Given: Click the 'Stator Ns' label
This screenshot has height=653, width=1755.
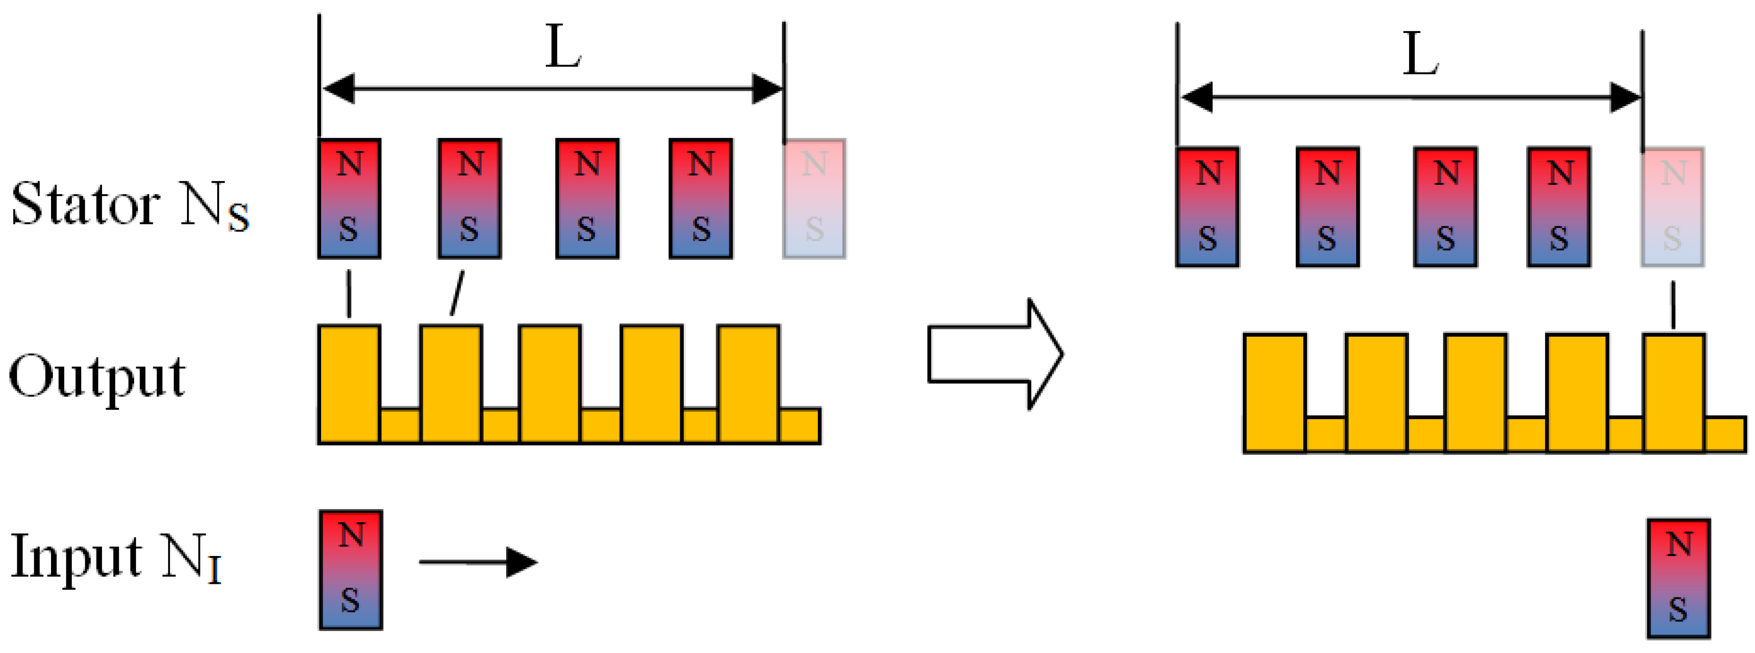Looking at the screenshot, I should pyautogui.click(x=130, y=204).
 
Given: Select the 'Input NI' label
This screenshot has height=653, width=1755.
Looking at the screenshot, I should pyautogui.click(x=116, y=558).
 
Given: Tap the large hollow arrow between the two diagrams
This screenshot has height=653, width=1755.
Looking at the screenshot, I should pyautogui.click(x=994, y=354).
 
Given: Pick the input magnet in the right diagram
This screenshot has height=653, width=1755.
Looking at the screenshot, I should pyautogui.click(x=1679, y=579).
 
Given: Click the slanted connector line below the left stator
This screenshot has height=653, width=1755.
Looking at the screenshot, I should pyautogui.click(x=457, y=293).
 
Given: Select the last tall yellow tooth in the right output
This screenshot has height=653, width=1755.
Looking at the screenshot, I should pyautogui.click(x=1674, y=393).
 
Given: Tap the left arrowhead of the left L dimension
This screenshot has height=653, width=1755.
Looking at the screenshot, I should pyautogui.click(x=339, y=88).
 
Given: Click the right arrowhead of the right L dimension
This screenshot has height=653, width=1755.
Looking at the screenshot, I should pyautogui.click(x=1625, y=98).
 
